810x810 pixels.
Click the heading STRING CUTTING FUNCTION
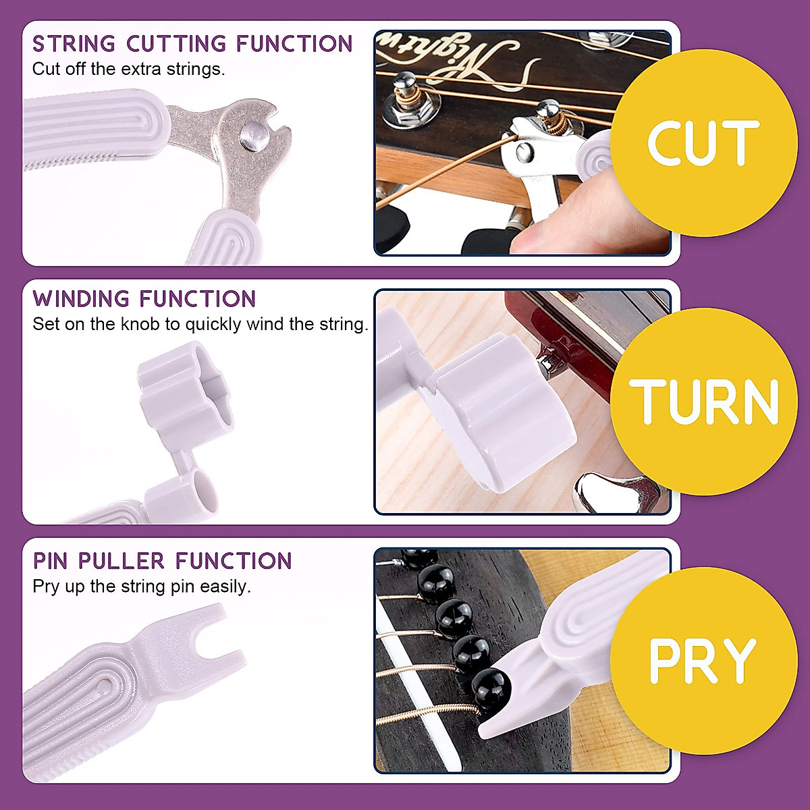pos(192,44)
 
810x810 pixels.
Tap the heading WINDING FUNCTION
pos(144,299)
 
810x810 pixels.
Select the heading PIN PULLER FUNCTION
pos(162,561)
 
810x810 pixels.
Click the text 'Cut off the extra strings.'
pos(128,69)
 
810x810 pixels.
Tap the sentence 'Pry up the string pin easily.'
pos(142,587)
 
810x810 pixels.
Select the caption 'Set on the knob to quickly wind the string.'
pos(200,325)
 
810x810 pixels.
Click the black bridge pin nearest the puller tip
pos(491,690)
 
